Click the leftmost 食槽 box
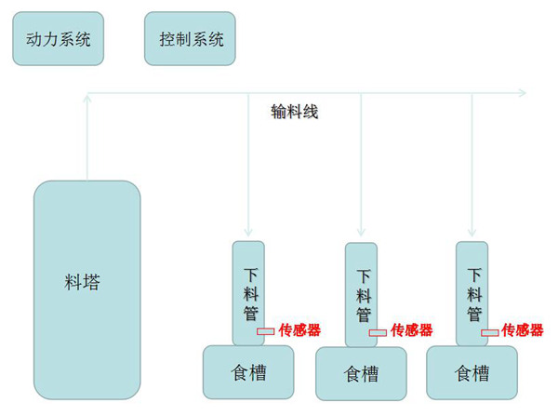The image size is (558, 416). pyautogui.click(x=248, y=372)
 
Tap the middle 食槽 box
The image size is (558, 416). pyautogui.click(x=361, y=374)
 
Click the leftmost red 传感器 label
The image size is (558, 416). pyautogui.click(x=299, y=329)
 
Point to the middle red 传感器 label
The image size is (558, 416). pyautogui.click(x=411, y=329)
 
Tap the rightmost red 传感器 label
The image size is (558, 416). pyautogui.click(x=523, y=329)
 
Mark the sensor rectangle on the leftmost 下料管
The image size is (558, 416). pyautogui.click(x=266, y=330)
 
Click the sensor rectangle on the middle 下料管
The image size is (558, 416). pyautogui.click(x=378, y=331)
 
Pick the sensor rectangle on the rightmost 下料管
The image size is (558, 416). pyautogui.click(x=489, y=331)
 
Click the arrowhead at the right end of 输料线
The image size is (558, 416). pyautogui.click(x=521, y=91)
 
